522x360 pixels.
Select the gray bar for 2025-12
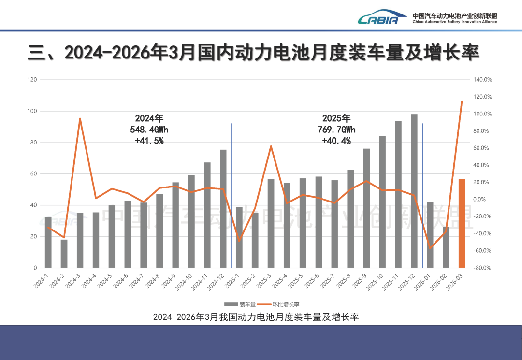[x=414, y=191]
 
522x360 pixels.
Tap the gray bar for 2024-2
[x=64, y=254]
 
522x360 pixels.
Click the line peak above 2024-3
[x=80, y=118]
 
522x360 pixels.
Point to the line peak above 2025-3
[x=271, y=146]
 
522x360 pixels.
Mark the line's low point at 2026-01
[x=430, y=248]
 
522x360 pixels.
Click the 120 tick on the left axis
[x=32, y=80]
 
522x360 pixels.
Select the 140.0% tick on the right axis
[x=482, y=80]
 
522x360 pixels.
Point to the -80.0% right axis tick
[x=482, y=268]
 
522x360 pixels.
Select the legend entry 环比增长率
[x=281, y=304]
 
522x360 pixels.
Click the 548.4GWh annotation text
[x=149, y=130]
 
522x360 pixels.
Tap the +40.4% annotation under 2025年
[x=336, y=141]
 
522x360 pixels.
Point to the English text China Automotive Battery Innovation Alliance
[x=454, y=22]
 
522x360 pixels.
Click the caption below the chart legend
[x=256, y=317]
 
